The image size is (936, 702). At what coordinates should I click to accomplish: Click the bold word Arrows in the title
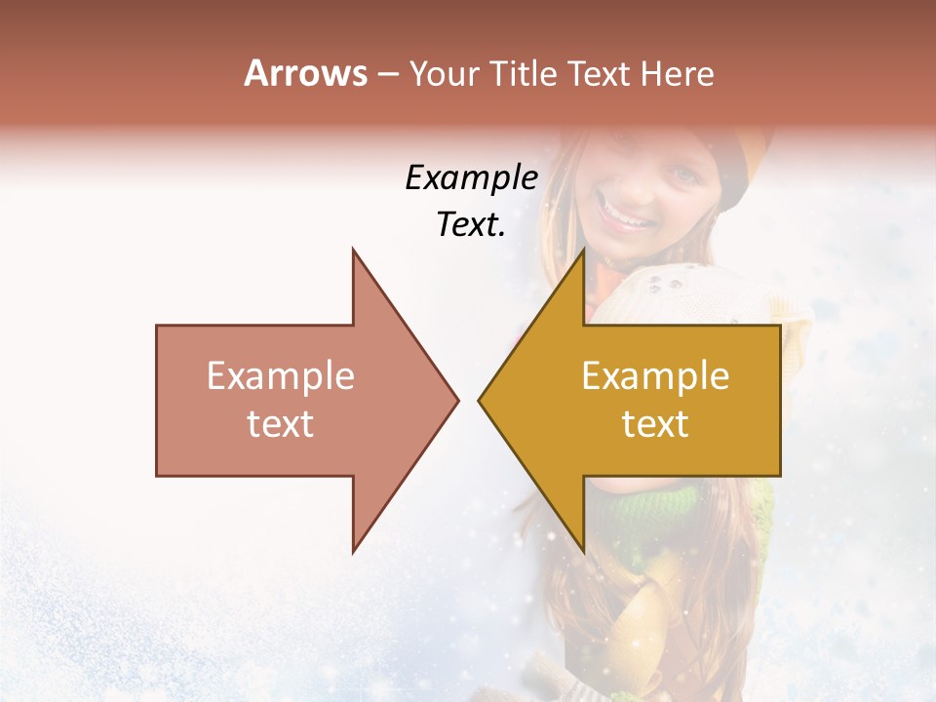click(x=305, y=73)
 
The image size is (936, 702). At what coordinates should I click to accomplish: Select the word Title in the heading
click(x=522, y=74)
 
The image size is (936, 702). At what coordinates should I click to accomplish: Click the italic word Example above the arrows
click(x=471, y=177)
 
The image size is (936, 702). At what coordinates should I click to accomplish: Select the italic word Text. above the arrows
click(x=471, y=225)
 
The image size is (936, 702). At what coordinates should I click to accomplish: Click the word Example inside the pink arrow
click(x=281, y=376)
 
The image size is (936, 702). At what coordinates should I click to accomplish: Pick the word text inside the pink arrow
click(x=281, y=424)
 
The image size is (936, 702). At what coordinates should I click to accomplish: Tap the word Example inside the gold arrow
click(x=655, y=376)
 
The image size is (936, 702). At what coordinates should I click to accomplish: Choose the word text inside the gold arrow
click(x=655, y=424)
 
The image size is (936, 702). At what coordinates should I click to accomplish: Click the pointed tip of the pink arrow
click(x=456, y=400)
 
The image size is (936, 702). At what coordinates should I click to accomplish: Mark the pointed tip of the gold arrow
click(x=480, y=400)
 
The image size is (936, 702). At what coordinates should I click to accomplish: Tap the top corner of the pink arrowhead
click(x=353, y=251)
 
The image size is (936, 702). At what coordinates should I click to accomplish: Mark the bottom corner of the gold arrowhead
click(x=583, y=550)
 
